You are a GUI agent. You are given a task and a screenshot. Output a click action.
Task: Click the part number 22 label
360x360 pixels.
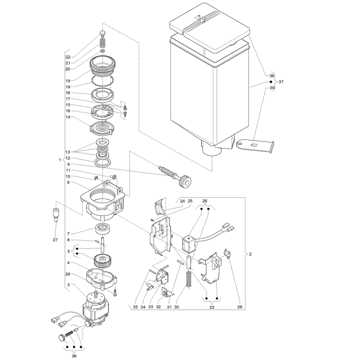click(68, 57)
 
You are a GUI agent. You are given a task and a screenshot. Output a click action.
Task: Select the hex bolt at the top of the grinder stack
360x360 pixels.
click(103, 34)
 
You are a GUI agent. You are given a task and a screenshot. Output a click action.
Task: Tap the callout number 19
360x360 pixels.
click(68, 81)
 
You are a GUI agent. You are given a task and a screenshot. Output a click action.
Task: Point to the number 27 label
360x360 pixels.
click(55, 240)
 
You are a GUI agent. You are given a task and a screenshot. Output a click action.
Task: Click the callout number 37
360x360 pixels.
click(281, 82)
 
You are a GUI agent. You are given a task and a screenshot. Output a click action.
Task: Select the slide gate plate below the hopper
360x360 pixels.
click(255, 145)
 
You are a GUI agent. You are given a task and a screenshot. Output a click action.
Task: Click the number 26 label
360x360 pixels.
click(205, 201)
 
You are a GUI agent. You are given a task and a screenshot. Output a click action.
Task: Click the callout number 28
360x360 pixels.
click(240, 307)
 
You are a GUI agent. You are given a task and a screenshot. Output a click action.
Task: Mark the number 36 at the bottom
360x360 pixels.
click(74, 356)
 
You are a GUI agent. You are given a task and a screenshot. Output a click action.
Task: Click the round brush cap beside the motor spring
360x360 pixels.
click(61, 337)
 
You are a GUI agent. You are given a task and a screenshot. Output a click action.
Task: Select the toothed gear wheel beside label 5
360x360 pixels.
click(103, 261)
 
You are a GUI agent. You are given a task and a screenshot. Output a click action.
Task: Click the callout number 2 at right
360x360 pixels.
click(250, 254)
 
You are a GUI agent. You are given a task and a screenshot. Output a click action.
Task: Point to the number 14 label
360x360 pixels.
click(68, 117)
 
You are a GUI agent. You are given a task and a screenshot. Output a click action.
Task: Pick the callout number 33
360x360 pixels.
click(151, 307)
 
